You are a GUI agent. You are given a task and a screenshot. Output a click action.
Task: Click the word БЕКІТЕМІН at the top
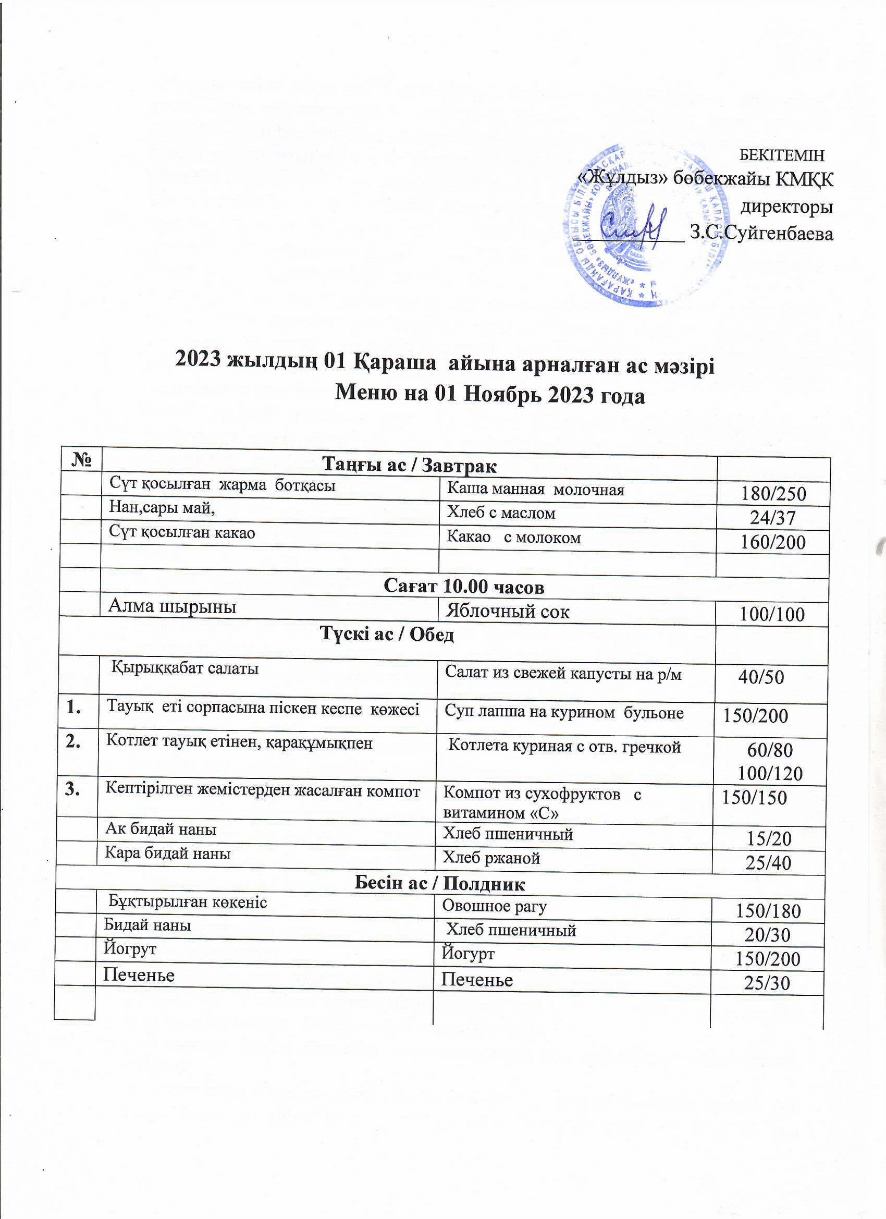click(x=781, y=155)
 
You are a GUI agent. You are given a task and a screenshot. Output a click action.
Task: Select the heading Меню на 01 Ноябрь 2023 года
click(x=489, y=395)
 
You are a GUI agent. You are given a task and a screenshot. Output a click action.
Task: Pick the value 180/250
click(x=773, y=493)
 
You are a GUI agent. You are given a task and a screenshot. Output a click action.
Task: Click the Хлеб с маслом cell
click(x=501, y=513)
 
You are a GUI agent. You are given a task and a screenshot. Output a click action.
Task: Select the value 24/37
click(x=772, y=518)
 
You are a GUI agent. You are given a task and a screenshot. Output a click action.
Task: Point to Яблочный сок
click(x=508, y=611)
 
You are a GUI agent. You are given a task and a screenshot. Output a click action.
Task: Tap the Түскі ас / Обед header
click(x=387, y=634)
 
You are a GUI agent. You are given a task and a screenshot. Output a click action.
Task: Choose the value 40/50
click(x=761, y=677)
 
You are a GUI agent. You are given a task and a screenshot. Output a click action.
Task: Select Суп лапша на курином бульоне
click(x=563, y=713)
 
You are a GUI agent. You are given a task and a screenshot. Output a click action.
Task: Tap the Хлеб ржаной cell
click(x=490, y=858)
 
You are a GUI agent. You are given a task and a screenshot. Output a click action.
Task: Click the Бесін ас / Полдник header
click(x=439, y=884)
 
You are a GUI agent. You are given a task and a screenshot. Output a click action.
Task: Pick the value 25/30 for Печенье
click(x=767, y=983)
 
